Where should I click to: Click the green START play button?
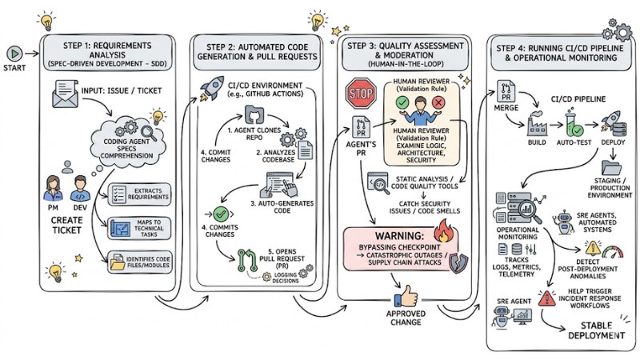(14, 53)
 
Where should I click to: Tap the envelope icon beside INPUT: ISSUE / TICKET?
(64, 98)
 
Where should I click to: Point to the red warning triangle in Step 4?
(548, 299)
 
